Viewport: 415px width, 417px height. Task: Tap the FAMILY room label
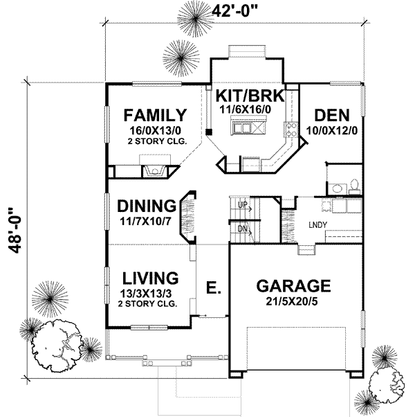coord(154,115)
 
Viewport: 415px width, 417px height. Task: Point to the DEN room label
coord(331,115)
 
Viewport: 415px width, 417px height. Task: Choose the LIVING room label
coord(151,278)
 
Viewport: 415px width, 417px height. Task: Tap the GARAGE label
coord(293,285)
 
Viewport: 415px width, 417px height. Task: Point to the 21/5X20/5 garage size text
coord(293,301)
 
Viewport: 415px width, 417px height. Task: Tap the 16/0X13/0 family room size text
coord(153,130)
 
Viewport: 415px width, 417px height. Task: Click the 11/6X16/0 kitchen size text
coord(249,108)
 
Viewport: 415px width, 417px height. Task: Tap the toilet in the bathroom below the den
coord(353,185)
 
